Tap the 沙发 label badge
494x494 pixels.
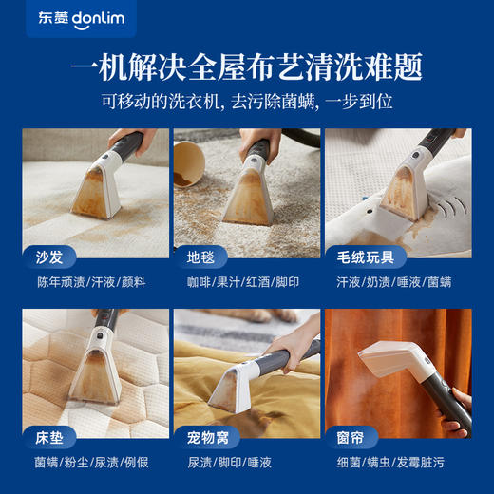(48, 256)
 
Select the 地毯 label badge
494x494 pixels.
(199, 256)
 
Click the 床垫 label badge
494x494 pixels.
(48, 438)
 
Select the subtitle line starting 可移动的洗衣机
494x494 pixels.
(247, 103)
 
